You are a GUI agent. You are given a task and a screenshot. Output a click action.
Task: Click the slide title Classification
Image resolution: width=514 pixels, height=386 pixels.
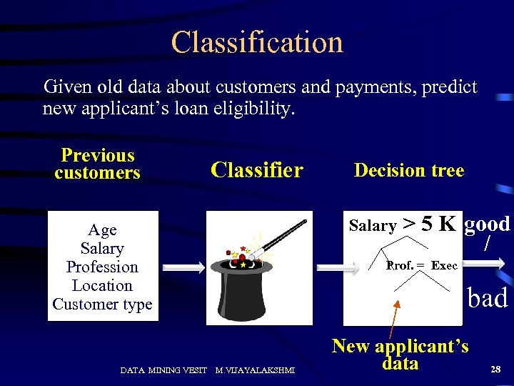[257, 42]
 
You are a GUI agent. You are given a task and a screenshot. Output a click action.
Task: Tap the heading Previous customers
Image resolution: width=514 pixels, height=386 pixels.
[98, 164]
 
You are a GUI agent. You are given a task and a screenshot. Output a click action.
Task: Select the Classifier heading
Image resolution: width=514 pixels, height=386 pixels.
[257, 170]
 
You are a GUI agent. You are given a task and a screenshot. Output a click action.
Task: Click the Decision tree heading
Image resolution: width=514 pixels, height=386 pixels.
[409, 170]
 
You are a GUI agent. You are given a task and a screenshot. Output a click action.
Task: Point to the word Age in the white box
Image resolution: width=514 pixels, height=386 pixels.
[102, 230]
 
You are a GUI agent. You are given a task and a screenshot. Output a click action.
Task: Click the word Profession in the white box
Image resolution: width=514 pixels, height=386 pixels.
[102, 267]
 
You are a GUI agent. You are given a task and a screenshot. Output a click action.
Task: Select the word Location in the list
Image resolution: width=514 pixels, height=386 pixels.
[102, 286]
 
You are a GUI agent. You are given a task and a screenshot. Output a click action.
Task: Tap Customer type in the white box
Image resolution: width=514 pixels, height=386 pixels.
[102, 305]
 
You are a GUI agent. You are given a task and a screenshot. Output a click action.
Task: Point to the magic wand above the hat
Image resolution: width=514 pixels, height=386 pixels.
[286, 236]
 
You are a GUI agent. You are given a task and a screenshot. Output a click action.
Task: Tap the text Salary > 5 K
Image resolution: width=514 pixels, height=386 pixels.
[402, 225]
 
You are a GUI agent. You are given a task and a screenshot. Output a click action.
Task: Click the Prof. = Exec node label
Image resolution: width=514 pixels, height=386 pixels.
[422, 266]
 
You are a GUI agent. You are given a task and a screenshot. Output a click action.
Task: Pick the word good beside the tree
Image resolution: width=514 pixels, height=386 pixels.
[488, 224]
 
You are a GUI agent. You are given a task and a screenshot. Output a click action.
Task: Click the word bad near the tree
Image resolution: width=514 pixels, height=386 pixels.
[488, 297]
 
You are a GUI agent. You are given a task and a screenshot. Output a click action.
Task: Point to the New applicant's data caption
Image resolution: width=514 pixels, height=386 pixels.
[400, 355]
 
